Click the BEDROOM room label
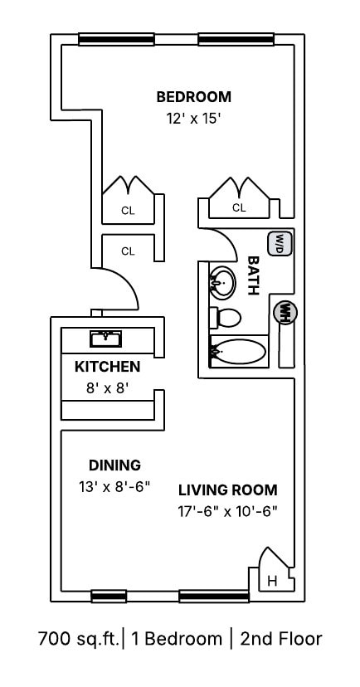193,96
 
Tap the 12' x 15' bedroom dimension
193,118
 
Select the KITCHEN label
107,366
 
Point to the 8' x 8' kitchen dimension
107,387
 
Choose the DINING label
114,465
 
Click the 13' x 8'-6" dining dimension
114,487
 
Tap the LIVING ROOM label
227,490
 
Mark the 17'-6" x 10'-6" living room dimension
227,511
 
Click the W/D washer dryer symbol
280,243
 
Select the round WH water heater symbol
285,312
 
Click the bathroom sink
221,284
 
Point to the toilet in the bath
226,317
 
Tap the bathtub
239,352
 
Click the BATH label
255,275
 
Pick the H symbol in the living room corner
271,582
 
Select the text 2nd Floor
280,639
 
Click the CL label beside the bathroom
239,208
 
